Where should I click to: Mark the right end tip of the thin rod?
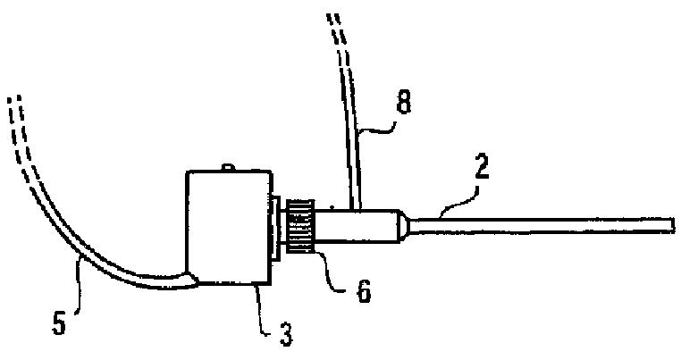(671, 224)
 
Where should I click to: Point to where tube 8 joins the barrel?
(352, 208)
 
